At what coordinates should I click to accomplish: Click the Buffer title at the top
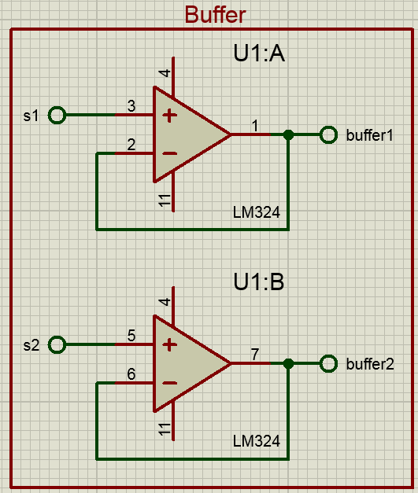[215, 15]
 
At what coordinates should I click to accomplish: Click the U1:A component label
[259, 53]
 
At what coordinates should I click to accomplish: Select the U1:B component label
[259, 281]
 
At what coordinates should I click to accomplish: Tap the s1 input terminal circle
[57, 115]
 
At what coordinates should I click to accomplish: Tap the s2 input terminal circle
[57, 344]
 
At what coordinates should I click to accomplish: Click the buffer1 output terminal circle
[328, 135]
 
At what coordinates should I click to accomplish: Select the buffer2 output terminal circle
[328, 364]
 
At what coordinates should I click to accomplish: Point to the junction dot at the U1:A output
[288, 135]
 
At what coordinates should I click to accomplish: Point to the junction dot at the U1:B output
[288, 364]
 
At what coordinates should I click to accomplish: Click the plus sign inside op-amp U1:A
[170, 116]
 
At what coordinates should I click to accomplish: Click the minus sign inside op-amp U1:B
[170, 383]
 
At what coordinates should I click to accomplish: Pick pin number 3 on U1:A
[131, 105]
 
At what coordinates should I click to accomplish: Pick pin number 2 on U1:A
[131, 145]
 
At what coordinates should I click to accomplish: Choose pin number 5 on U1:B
[131, 335]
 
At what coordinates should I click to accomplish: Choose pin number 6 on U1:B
[131, 373]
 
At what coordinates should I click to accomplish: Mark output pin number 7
[255, 355]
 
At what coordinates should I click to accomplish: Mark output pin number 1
[255, 126]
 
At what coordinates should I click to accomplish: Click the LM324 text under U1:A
[256, 212]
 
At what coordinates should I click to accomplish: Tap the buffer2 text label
[370, 364]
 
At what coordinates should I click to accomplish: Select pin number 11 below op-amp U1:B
[165, 429]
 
